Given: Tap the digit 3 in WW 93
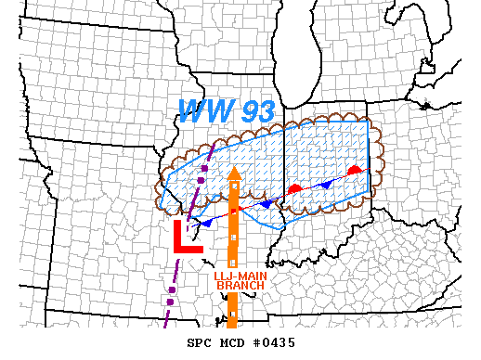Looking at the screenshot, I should click(265, 112).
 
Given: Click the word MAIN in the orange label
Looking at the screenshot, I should click(248, 275).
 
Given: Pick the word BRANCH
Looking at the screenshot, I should click(240, 285).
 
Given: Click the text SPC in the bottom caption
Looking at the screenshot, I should click(201, 342).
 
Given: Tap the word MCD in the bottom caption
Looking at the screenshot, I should click(233, 342).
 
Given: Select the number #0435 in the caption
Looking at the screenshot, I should click(275, 342).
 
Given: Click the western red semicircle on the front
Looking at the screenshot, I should click(293, 188).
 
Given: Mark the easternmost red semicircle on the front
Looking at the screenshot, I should click(354, 171).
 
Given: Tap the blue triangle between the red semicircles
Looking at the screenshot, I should click(325, 184).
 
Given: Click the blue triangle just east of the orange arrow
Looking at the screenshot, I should click(266, 203).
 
